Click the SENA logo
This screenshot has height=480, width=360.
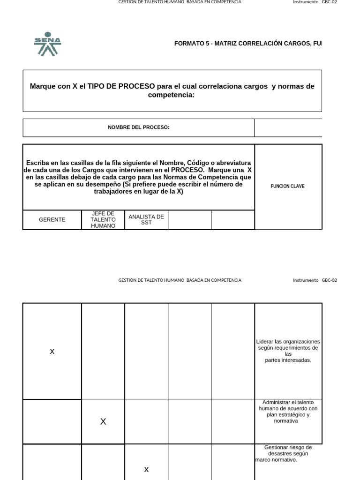point(47,44)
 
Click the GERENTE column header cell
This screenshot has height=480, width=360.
point(52,220)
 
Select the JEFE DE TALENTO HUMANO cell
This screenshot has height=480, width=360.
point(103,220)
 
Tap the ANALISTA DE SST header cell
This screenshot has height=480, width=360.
point(146,219)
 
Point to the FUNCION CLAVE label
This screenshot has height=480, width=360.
point(287,187)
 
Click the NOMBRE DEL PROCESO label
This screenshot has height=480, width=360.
point(138,127)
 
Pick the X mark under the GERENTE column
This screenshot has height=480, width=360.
point(52,352)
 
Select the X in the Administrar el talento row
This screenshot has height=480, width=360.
point(103,422)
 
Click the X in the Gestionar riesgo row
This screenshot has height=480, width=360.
point(146,470)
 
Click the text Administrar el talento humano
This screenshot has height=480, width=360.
point(288,405)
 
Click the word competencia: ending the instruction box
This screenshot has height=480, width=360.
point(172,95)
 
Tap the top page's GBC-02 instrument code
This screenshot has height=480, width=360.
point(329,2)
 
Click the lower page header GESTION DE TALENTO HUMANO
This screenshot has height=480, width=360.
point(180,280)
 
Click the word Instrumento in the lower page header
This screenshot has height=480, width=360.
point(306,280)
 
